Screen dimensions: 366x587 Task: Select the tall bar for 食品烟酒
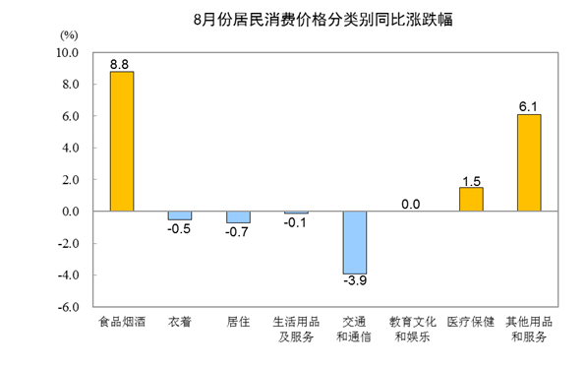click(121, 142)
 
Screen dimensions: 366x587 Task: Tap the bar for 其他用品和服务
click(529, 162)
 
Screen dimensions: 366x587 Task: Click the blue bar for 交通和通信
click(355, 242)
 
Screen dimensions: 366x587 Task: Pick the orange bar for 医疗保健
click(471, 199)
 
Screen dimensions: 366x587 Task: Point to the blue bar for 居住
click(238, 216)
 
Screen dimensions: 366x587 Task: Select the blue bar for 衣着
click(179, 214)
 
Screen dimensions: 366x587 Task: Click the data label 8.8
click(120, 64)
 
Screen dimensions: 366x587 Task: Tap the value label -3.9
click(356, 282)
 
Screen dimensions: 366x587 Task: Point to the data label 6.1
click(529, 106)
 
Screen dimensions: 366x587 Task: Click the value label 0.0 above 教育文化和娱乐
click(411, 204)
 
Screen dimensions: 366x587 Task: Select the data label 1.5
click(471, 179)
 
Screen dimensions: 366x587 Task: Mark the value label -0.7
click(238, 233)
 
